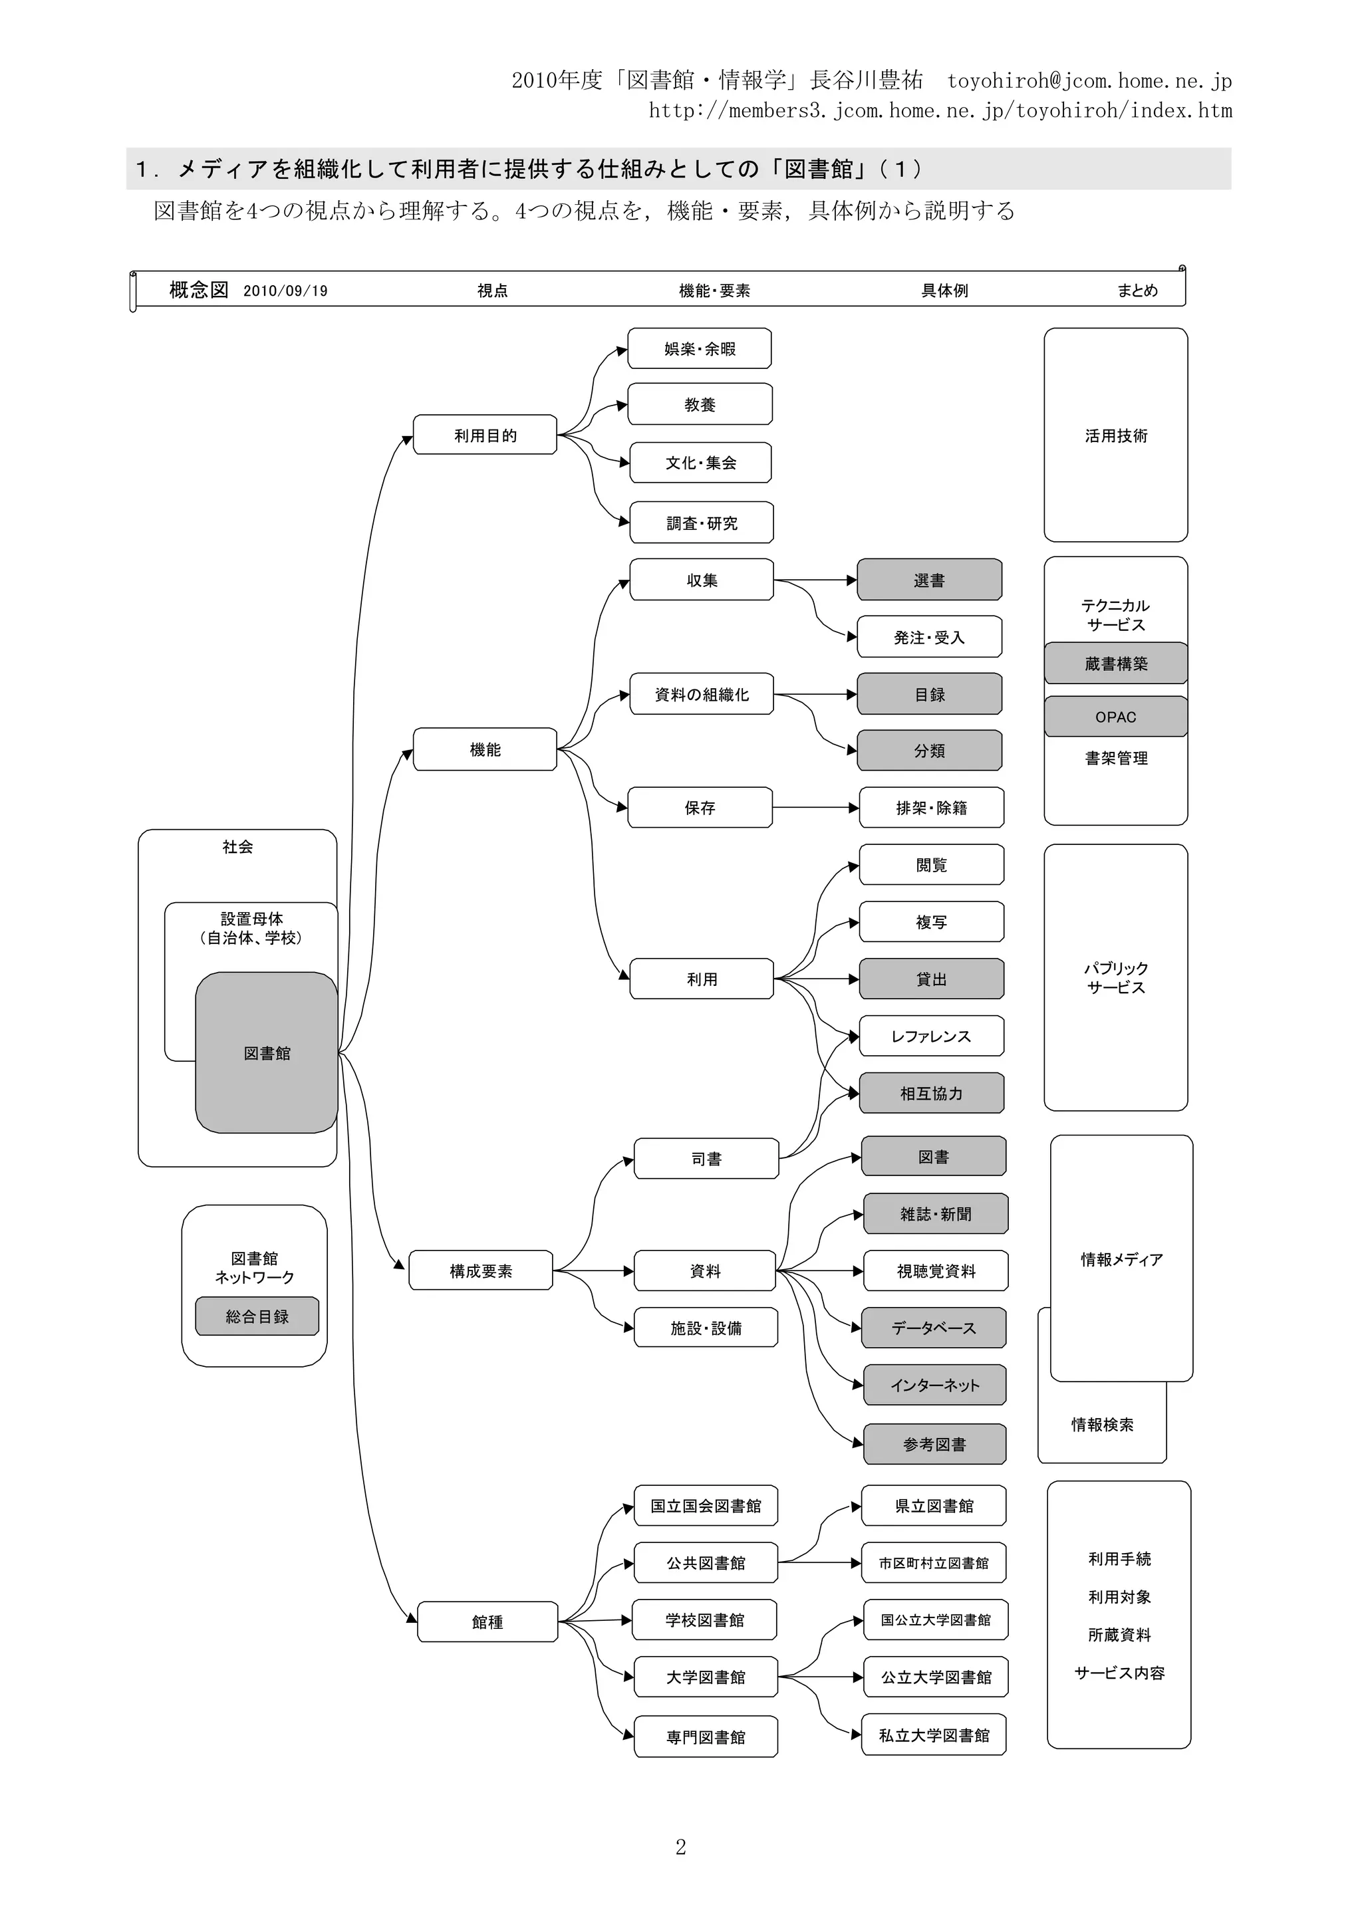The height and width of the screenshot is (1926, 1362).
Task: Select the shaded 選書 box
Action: (x=929, y=580)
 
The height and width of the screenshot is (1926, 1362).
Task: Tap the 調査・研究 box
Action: (x=701, y=523)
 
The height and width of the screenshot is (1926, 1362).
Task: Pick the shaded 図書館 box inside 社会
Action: (x=267, y=1053)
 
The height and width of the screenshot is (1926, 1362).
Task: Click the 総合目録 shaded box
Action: (x=257, y=1316)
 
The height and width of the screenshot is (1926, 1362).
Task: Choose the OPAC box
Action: (x=1115, y=717)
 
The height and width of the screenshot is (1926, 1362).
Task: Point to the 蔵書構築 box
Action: (x=1115, y=663)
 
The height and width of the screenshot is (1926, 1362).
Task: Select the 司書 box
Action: (x=706, y=1158)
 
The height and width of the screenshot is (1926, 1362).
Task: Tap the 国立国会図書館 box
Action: (x=705, y=1506)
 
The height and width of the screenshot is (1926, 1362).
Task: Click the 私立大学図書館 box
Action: (x=933, y=1735)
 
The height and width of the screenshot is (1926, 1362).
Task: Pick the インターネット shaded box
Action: (x=934, y=1385)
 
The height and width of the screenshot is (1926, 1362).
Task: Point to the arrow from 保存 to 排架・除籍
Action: (x=814, y=808)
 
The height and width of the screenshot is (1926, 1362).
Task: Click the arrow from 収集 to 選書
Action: (x=814, y=580)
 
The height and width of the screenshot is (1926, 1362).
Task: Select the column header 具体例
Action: (x=944, y=291)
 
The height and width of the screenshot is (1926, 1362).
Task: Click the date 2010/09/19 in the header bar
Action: (x=285, y=291)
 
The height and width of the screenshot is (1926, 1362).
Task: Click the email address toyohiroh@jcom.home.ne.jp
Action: (x=1089, y=80)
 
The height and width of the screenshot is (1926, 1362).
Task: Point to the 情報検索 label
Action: (x=1102, y=1424)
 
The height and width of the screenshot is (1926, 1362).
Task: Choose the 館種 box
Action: (x=487, y=1622)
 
